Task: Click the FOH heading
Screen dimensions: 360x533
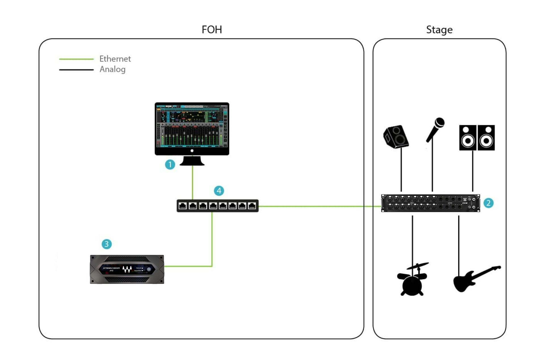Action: (211, 30)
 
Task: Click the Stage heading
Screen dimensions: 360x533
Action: (439, 30)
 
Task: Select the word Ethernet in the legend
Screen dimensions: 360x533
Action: (115, 59)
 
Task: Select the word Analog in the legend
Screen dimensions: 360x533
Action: (112, 69)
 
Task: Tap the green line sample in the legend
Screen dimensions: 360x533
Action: (76, 59)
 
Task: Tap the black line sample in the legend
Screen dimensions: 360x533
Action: (76, 70)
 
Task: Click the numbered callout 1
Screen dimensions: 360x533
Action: (170, 164)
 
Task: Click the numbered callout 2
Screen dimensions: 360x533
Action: (488, 203)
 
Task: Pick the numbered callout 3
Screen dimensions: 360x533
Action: (106, 244)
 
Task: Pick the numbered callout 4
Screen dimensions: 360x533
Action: (219, 191)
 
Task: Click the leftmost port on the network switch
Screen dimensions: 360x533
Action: (182, 206)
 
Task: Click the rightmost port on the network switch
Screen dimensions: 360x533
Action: (252, 206)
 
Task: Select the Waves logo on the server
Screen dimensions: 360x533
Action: (127, 269)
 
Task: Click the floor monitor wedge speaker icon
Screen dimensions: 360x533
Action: (396, 137)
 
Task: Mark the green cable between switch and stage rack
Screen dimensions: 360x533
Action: (319, 206)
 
